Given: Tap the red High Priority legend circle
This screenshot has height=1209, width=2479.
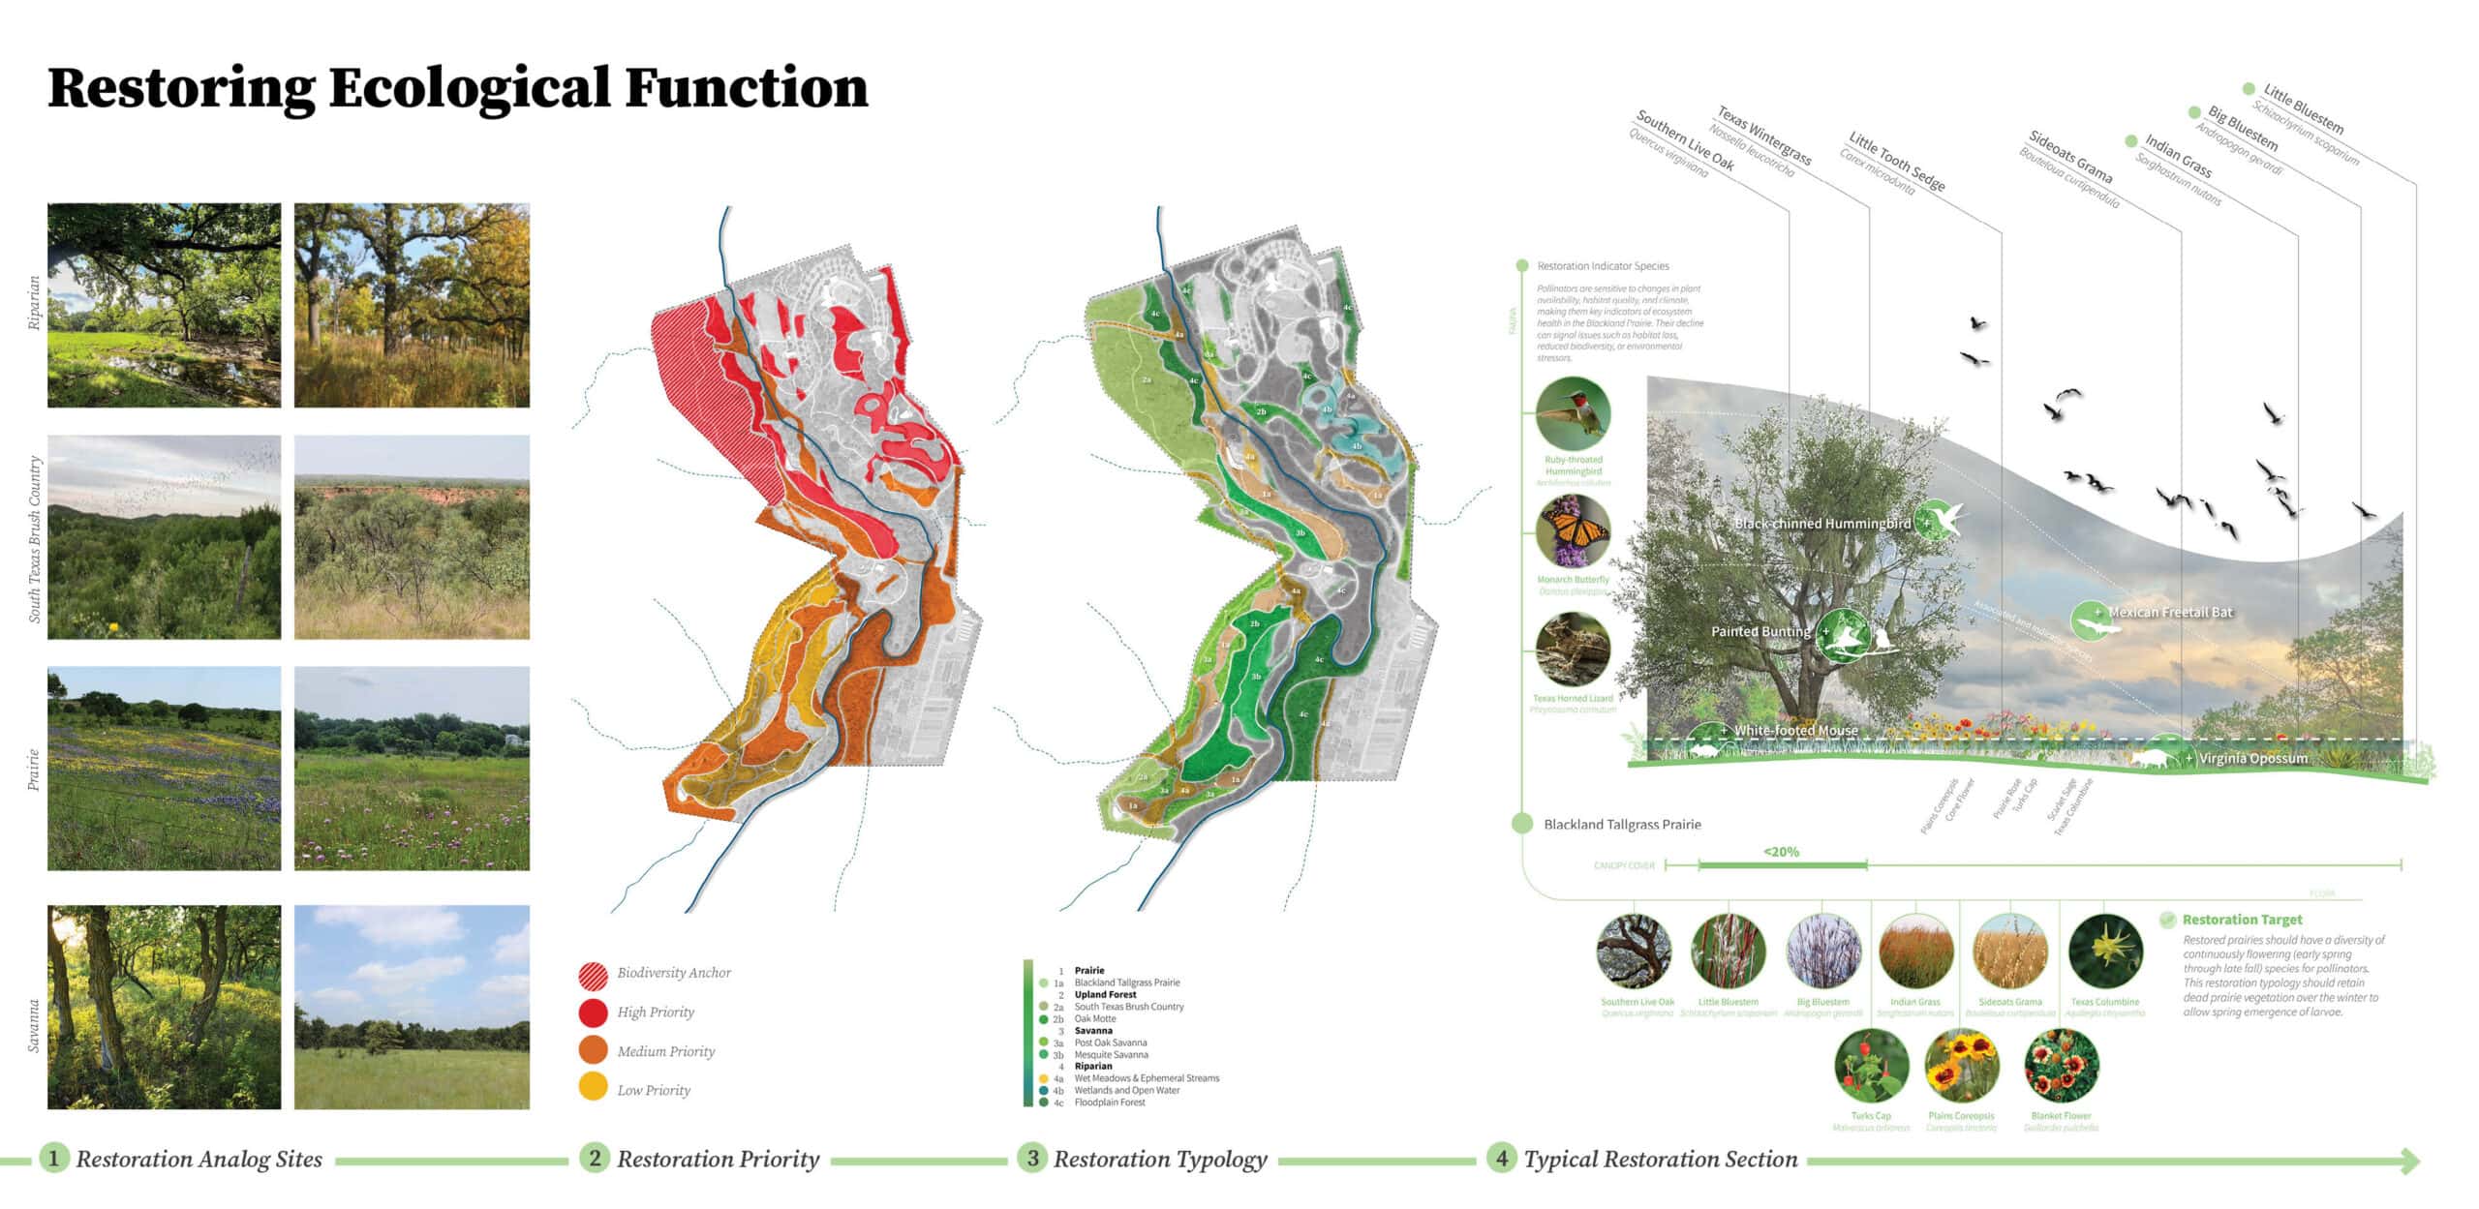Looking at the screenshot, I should point(593,1013).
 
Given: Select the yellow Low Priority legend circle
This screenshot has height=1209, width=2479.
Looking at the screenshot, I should point(593,1088).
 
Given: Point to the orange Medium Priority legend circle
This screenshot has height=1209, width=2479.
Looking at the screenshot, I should point(593,1050).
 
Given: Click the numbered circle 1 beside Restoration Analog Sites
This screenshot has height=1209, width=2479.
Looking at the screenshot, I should point(54,1159).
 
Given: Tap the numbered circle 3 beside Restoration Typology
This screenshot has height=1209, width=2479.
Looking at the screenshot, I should point(1032,1159).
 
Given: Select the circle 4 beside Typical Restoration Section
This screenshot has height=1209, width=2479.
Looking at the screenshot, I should point(1501,1159).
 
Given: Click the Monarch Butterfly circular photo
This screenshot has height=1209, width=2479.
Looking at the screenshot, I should point(1573,531).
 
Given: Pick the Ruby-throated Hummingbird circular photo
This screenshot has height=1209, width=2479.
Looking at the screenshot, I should point(1573,413).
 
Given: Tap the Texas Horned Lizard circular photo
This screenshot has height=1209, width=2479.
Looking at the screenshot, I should point(1573,650).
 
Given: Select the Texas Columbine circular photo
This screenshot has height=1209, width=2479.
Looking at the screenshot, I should point(2105,952).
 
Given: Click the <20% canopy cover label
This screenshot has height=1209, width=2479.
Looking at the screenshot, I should point(1781,852).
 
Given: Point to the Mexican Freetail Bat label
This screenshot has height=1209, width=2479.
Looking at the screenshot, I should point(2170,613).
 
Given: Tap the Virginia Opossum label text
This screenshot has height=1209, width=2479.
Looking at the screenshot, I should point(2252,759).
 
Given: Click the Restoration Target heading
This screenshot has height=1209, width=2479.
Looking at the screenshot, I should point(2242,920).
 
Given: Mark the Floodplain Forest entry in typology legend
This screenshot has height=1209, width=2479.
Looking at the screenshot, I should point(1109,1103).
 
